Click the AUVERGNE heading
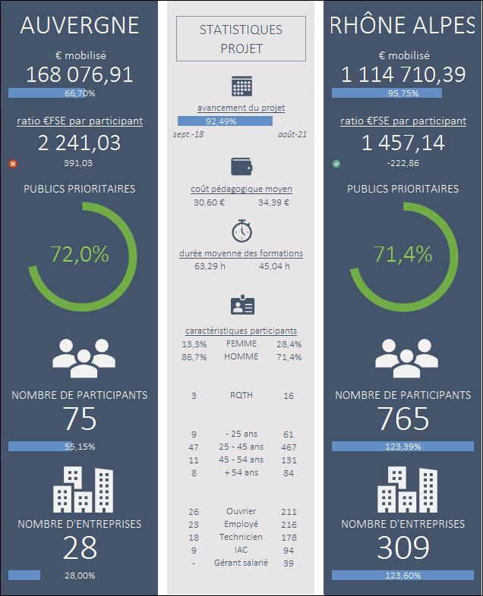click(x=80, y=25)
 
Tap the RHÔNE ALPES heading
click(x=402, y=25)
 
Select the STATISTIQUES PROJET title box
click(x=241, y=39)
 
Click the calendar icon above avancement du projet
click(x=241, y=86)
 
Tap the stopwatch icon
click(x=241, y=231)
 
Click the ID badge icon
click(x=241, y=306)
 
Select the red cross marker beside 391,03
click(x=12, y=163)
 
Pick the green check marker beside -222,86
click(x=336, y=163)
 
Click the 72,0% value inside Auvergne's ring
click(x=80, y=254)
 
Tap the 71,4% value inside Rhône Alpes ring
click(x=402, y=254)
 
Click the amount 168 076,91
click(x=80, y=74)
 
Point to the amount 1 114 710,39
click(x=402, y=74)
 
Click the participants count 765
click(x=402, y=419)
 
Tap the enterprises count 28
click(x=80, y=547)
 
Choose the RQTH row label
click(x=241, y=396)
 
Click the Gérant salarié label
click(x=241, y=563)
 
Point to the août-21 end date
click(x=292, y=134)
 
